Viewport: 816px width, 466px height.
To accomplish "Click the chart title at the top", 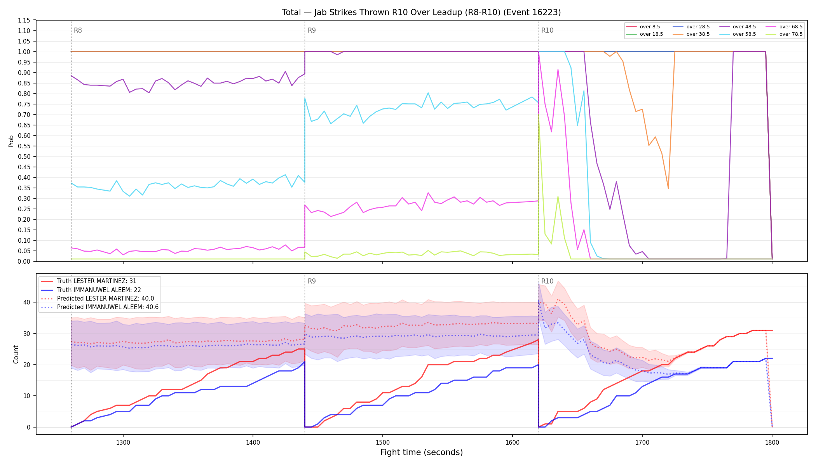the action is [422, 12].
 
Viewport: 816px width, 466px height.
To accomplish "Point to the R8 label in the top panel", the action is [78, 30].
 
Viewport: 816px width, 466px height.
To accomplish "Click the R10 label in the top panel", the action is [547, 30].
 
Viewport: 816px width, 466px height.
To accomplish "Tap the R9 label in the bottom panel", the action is [312, 281].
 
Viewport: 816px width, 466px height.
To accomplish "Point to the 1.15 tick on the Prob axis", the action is [24, 20].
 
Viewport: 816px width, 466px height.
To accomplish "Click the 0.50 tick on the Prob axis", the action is [24, 156].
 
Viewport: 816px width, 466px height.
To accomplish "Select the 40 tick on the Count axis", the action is [26, 302].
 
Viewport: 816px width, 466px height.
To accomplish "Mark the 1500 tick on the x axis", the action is [383, 442].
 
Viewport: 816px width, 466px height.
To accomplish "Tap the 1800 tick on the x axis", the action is [772, 442].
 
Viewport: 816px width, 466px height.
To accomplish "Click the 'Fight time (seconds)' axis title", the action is [422, 452].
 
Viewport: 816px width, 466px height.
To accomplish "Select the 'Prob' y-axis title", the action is [11, 141].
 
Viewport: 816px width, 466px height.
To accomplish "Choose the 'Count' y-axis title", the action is [16, 354].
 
